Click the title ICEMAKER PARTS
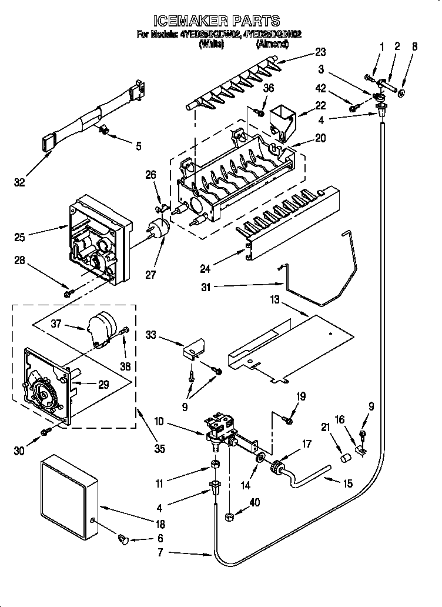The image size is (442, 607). click(x=220, y=22)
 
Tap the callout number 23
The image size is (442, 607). click(x=320, y=51)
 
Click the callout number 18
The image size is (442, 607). click(x=160, y=524)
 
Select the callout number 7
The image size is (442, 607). click(x=160, y=552)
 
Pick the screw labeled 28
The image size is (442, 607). click(x=69, y=292)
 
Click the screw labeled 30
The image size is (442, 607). click(x=45, y=433)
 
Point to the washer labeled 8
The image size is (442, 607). click(x=401, y=93)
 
